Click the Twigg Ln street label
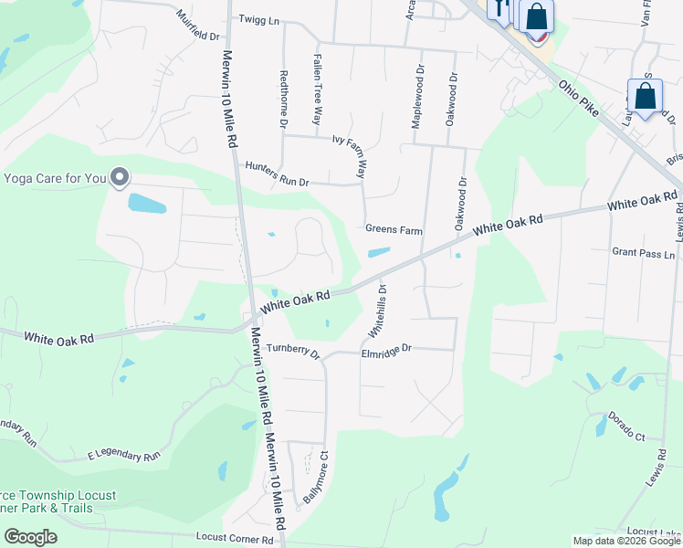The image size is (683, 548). (x=258, y=19)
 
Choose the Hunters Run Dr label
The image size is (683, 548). (x=277, y=174)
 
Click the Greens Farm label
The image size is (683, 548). (x=394, y=230)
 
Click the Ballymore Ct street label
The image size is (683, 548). (x=316, y=476)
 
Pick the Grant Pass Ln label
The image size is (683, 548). (x=643, y=253)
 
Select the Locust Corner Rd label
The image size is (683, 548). (x=235, y=540)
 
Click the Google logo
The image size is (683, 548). (x=30, y=536)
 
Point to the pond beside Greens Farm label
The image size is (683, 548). (x=378, y=252)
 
